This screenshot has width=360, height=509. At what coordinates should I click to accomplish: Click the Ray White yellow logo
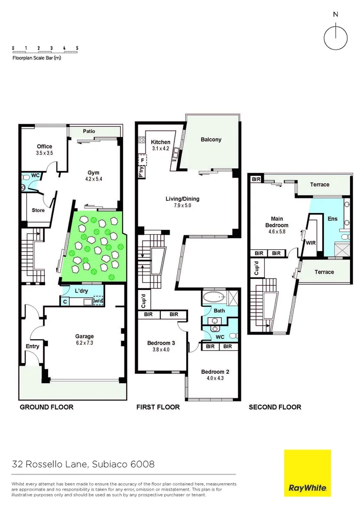click(x=307, y=473)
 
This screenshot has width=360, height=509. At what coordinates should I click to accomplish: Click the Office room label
click(x=45, y=147)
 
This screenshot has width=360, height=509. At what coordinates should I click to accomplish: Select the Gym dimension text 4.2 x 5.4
click(x=94, y=179)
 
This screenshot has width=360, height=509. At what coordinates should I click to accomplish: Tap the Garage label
click(x=84, y=336)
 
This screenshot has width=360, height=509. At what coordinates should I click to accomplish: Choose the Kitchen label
click(x=160, y=142)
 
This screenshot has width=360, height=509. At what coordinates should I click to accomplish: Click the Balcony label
click(x=211, y=140)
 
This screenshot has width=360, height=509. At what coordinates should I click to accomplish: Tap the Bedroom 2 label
click(x=214, y=371)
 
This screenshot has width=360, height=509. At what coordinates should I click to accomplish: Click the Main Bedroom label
click(x=277, y=222)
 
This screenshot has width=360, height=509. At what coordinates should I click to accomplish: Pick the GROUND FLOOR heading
click(x=46, y=407)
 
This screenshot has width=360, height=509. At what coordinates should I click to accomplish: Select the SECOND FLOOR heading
click(x=275, y=407)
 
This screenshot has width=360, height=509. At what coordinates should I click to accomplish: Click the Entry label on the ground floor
click(x=32, y=346)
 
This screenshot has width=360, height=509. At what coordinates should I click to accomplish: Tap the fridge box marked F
click(x=142, y=160)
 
